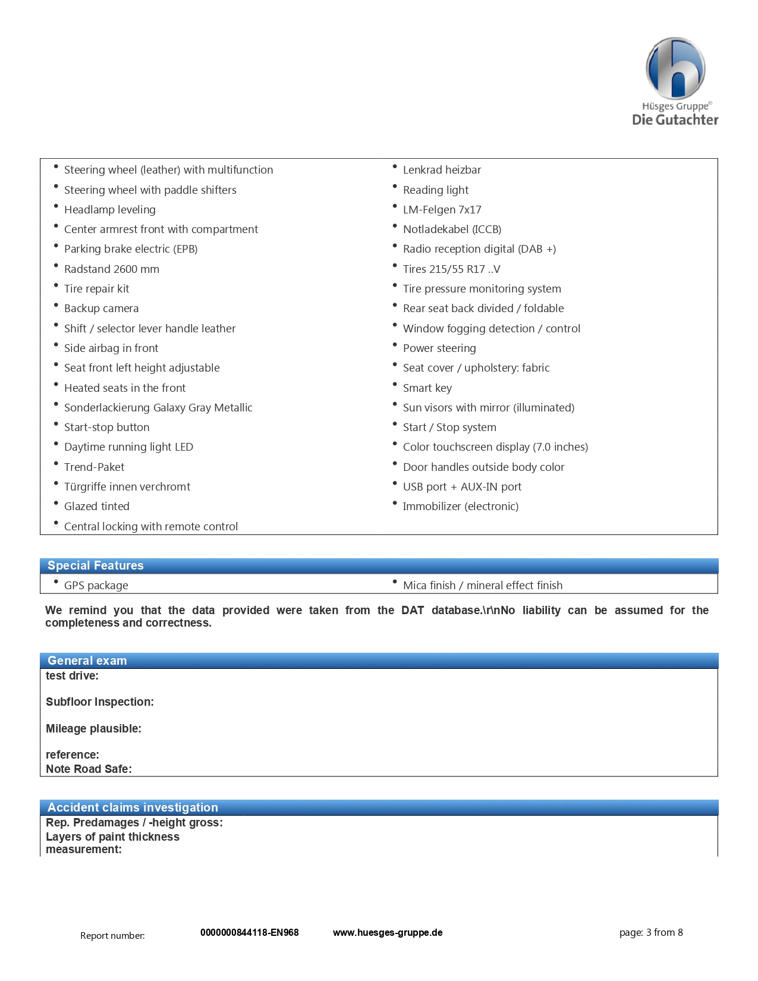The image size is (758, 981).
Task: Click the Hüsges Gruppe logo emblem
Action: pos(675,68)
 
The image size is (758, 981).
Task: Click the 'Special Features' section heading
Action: pos(95,565)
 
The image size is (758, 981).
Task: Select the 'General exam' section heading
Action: pos(87,661)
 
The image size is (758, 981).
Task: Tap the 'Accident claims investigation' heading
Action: pos(133,807)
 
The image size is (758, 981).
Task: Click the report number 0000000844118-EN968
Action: pos(249,932)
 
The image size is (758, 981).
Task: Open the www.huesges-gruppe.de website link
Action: pos(388,932)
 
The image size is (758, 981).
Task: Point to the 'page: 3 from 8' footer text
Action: pos(651,932)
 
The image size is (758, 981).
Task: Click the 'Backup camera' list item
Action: pos(101,309)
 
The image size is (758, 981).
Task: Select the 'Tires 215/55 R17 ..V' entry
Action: pos(451,269)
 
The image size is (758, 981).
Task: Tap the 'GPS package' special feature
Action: pos(96,586)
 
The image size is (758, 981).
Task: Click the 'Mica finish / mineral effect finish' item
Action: pos(482,586)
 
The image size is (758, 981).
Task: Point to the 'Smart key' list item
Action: pos(427,388)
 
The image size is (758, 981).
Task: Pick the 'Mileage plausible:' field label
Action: pos(93,729)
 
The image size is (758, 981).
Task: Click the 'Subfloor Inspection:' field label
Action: pos(99,702)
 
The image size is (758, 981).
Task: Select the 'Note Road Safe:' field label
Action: pos(89,769)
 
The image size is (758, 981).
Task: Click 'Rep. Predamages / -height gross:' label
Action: pos(134,823)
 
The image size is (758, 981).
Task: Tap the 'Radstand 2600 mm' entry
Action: pos(111,269)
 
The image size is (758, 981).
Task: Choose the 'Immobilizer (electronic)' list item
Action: pos(460,507)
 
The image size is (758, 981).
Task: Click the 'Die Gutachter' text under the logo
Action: pos(675,120)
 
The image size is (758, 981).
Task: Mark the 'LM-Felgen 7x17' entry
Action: pos(442,210)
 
